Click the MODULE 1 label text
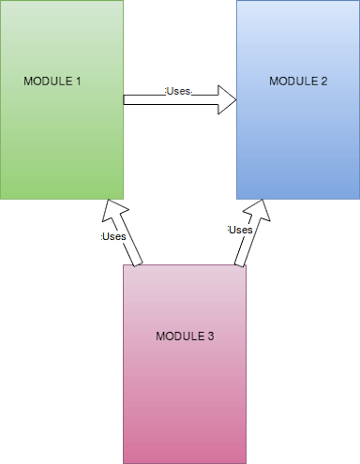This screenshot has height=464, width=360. (x=52, y=82)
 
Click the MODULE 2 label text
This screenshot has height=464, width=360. (x=298, y=82)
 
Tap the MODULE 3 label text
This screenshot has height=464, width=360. (x=185, y=335)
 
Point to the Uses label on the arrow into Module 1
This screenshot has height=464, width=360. (x=113, y=236)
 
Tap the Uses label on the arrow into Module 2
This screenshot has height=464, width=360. (x=241, y=229)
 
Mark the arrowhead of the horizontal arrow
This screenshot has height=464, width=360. (x=226, y=99)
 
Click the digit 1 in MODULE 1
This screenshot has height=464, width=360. (x=78, y=82)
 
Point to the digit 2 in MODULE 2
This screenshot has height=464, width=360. (x=323, y=82)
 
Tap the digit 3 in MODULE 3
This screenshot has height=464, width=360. (x=211, y=335)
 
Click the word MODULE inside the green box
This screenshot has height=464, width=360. (x=47, y=82)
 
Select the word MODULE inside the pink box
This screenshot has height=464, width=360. (x=179, y=335)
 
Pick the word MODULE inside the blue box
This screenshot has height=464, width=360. (x=292, y=82)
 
